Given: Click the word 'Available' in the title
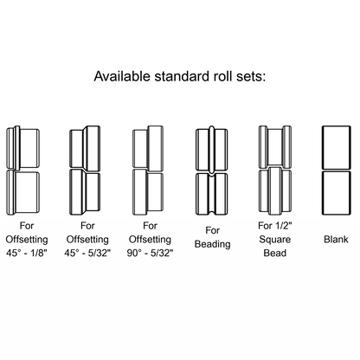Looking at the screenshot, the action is click(122, 76).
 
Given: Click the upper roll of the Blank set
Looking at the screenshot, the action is click(337, 147).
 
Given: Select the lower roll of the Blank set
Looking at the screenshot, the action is click(337, 193).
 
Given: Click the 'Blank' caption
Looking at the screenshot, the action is click(336, 239).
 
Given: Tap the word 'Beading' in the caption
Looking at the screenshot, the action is click(213, 244).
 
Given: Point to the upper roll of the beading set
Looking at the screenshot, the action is click(212, 149).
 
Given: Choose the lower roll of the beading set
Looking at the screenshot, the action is click(212, 194).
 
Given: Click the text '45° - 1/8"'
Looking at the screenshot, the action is click(27, 253).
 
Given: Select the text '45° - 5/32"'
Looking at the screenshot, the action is click(87, 253).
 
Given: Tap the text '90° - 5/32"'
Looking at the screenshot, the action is click(150, 253).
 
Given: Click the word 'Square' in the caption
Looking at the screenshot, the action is click(275, 240).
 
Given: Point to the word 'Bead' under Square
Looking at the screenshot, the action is click(275, 253).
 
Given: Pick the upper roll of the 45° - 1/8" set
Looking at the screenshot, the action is click(22, 148).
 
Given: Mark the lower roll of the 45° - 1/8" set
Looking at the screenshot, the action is click(22, 192).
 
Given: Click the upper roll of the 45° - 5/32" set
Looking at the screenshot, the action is click(85, 148).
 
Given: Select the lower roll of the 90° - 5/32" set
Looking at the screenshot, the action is click(148, 192).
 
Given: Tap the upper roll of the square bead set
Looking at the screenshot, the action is click(275, 147).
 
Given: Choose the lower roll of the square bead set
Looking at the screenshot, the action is click(275, 191).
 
